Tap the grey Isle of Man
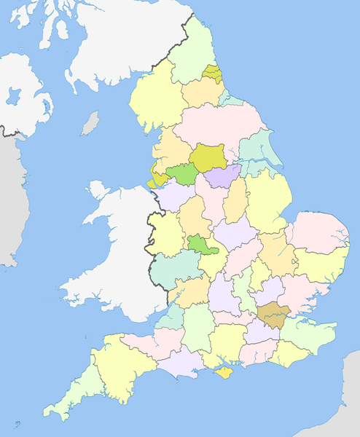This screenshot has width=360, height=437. (90, 123)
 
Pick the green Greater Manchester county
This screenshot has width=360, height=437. (182, 174)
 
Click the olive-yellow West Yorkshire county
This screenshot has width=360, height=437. (208, 157)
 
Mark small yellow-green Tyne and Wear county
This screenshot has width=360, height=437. (213, 74)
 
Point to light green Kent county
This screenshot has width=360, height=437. (306, 331)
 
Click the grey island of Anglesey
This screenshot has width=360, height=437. (98, 191)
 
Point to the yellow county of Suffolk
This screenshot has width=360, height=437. (321, 264)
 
